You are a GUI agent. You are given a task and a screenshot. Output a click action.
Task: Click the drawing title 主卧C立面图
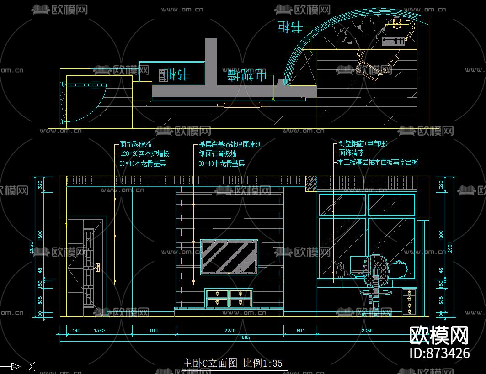tap(210, 363)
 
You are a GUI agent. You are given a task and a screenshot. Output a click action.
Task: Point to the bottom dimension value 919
tap(154, 330)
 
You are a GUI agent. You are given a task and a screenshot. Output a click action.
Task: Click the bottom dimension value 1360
tap(99, 330)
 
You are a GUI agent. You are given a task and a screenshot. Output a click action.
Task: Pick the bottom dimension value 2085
tap(367, 330)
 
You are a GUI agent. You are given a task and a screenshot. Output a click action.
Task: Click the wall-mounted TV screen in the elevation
tap(230, 258)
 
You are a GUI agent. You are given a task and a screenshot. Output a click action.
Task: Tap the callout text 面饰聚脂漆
tap(136, 144)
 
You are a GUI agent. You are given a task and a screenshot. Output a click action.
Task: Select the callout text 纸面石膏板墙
tap(218, 153)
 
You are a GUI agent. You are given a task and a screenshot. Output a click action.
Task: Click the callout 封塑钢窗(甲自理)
tap(363, 143)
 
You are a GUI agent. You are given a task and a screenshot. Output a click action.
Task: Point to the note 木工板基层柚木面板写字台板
tap(378, 162)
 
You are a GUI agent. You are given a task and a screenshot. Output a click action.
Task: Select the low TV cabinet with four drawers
tap(229, 298)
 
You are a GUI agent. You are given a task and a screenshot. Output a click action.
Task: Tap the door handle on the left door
tap(98, 267)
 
